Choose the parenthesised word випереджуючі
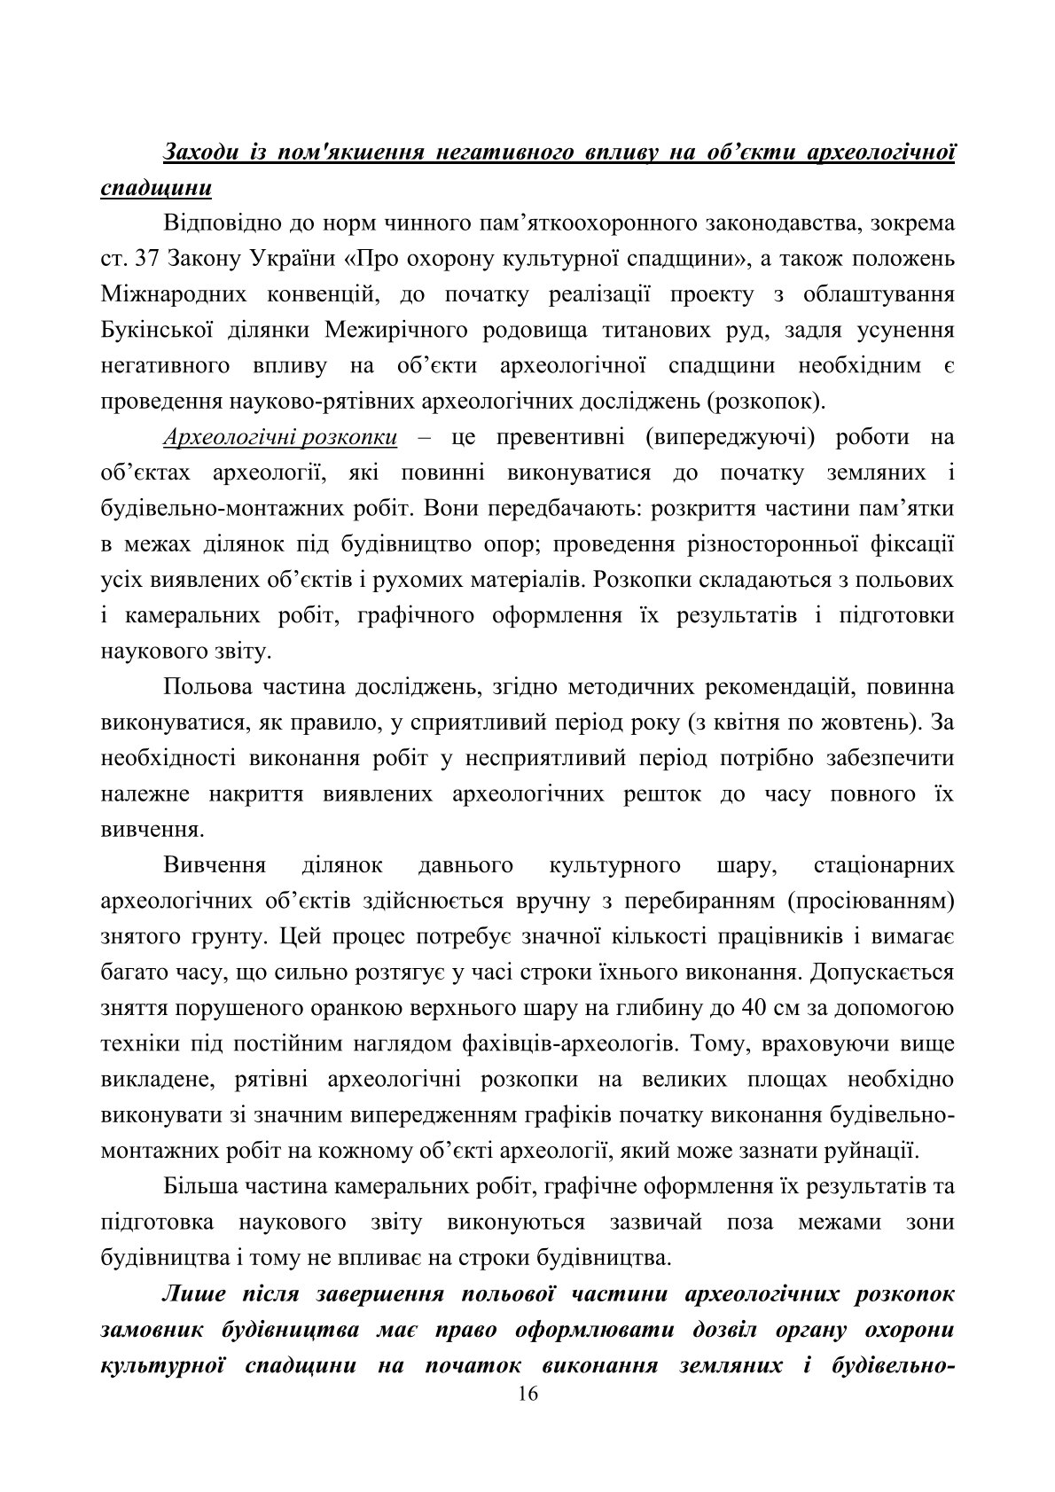(x=735, y=437)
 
